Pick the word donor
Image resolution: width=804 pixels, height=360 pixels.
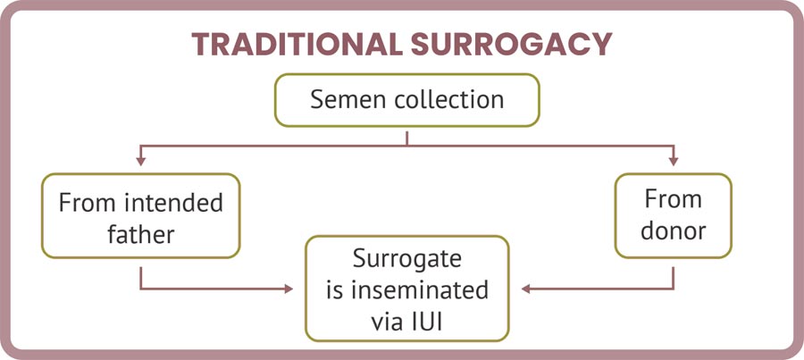coord(673,230)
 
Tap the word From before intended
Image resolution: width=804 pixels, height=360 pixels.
coord(88,202)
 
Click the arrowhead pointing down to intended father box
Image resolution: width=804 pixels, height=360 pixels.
coord(140,163)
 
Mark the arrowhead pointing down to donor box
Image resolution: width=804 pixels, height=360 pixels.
coord(673,163)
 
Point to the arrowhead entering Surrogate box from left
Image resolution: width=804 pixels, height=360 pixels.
coord(289,289)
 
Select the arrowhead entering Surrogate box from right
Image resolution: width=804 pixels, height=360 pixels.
coord(527,289)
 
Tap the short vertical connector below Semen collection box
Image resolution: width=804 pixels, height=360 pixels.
coord(407,137)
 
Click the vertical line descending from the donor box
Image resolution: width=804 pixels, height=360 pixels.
coord(673,274)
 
